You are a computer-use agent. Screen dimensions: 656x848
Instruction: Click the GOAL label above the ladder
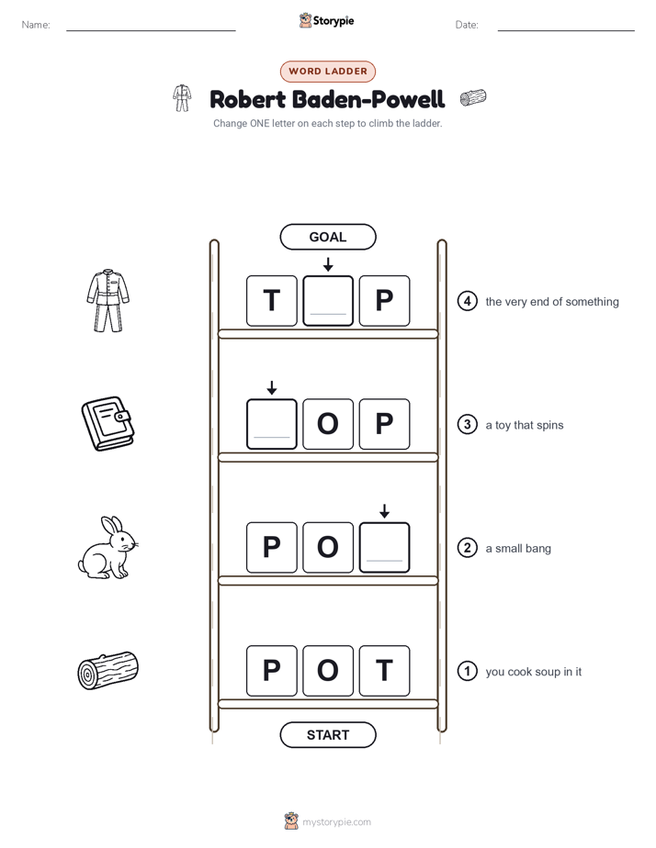click(x=327, y=237)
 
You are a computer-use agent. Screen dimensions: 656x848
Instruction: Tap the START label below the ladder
click(x=327, y=735)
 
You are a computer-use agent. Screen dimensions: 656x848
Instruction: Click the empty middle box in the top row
click(x=328, y=301)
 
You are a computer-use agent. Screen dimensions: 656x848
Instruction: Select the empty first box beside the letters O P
click(x=272, y=424)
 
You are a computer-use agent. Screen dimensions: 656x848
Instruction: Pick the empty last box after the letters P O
click(x=384, y=547)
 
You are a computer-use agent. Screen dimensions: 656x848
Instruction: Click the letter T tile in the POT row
click(x=384, y=671)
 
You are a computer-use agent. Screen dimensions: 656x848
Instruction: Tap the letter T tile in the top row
click(x=272, y=301)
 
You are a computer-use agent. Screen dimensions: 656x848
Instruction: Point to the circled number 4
click(x=467, y=301)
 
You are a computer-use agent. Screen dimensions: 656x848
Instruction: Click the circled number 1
click(x=467, y=671)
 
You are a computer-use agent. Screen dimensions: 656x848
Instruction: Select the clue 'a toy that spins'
click(x=524, y=425)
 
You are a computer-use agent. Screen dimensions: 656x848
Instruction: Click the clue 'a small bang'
click(x=518, y=549)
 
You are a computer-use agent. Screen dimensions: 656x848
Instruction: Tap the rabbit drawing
click(x=107, y=547)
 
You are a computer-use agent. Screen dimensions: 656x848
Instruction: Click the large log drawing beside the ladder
click(x=108, y=671)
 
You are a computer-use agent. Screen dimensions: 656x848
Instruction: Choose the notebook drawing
click(x=108, y=424)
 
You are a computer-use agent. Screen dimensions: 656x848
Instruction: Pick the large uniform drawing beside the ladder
click(x=107, y=301)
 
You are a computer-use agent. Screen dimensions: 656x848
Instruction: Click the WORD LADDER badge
click(x=327, y=72)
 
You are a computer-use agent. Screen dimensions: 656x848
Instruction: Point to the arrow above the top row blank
click(x=328, y=264)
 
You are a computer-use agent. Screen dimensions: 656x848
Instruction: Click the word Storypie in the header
click(x=334, y=21)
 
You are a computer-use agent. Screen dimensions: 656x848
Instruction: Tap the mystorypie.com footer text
click(x=336, y=822)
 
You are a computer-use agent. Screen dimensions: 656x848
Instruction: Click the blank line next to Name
click(x=151, y=30)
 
